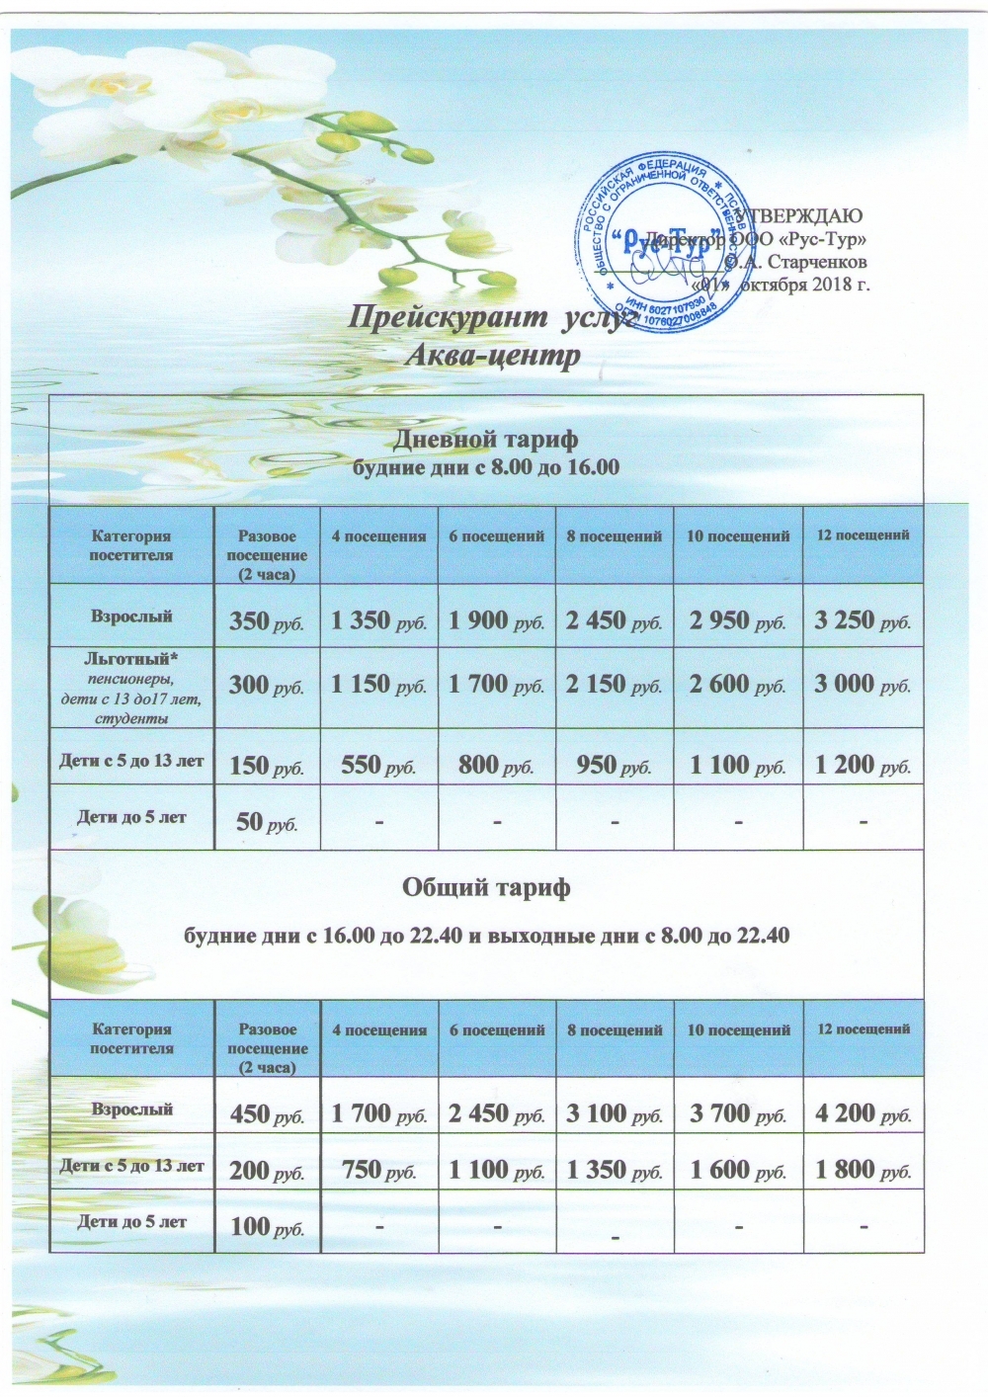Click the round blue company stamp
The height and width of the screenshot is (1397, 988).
click(x=659, y=244)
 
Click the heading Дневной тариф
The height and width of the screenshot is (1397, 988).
click(x=486, y=439)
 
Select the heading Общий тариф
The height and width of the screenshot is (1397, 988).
click(x=486, y=888)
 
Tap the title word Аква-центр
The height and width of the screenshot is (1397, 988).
click(x=492, y=355)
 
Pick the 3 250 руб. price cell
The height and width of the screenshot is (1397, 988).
click(x=862, y=620)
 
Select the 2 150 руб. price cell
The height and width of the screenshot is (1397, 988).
click(x=614, y=685)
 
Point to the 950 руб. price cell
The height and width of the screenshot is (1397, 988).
click(x=614, y=765)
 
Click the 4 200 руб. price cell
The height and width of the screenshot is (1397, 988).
click(x=863, y=1114)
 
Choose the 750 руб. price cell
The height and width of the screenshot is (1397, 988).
click(x=378, y=1171)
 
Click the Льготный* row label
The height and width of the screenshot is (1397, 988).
click(x=131, y=658)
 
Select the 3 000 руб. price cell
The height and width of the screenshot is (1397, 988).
click(x=862, y=685)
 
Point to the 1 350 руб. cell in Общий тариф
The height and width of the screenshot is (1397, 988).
click(x=614, y=1171)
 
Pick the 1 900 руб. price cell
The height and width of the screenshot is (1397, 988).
click(x=496, y=621)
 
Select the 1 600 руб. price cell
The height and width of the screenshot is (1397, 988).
click(x=737, y=1171)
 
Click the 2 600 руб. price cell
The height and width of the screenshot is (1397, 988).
click(x=737, y=685)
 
